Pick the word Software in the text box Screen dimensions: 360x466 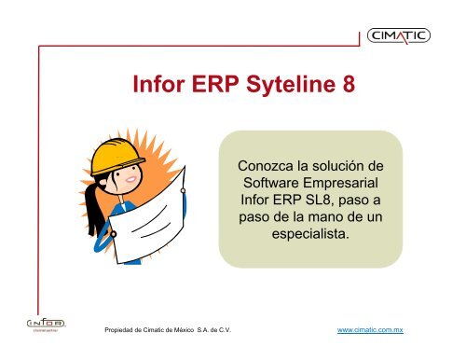point(272,183)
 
